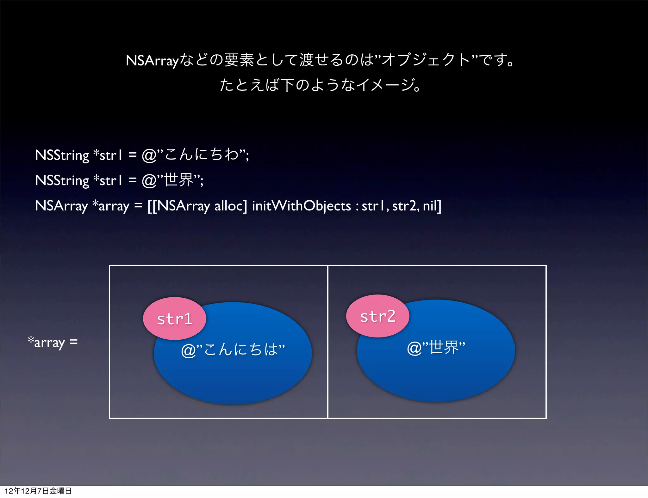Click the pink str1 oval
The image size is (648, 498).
tap(174, 318)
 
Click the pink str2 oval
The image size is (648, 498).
tap(377, 316)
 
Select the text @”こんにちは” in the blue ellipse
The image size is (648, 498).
tap(233, 349)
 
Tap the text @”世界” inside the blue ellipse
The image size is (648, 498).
tap(436, 347)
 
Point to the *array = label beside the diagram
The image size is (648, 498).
tap(53, 342)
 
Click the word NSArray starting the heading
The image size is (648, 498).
tap(152, 60)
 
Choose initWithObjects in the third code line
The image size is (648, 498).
tap(302, 206)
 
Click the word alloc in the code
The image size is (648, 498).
tap(230, 206)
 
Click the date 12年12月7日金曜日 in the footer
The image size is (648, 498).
tap(38, 491)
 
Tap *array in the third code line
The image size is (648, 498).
tap(111, 206)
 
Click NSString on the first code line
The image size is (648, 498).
tap(62, 155)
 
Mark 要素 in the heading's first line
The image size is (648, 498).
tap(239, 60)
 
